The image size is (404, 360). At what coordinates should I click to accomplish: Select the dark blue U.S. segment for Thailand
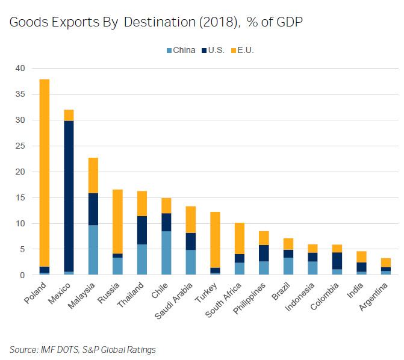[142, 230]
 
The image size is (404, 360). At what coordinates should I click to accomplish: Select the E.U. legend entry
[245, 50]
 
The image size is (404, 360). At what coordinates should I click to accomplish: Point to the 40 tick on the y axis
[20, 69]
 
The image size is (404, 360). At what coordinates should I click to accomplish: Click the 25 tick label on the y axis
[20, 146]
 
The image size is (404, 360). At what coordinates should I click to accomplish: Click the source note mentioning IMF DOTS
[82, 349]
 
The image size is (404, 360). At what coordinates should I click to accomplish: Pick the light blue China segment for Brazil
[288, 266]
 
